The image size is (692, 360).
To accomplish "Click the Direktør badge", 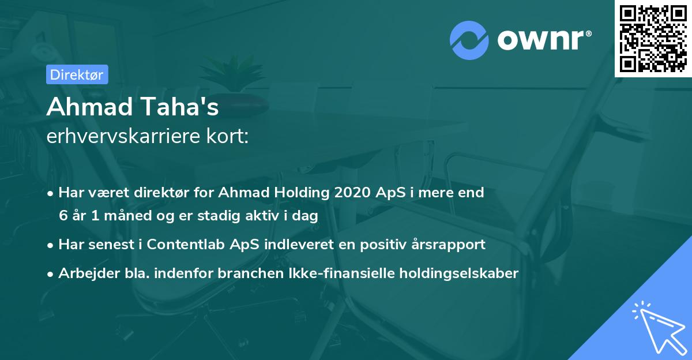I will [x=76, y=74].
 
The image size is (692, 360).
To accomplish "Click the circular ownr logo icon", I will [x=469, y=40].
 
